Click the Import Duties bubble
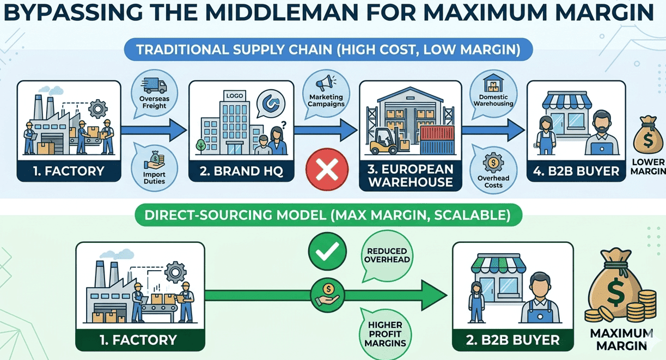[x=154, y=167]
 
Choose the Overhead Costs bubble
[x=493, y=170]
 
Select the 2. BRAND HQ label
[x=241, y=171]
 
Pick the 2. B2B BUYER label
[x=512, y=340]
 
